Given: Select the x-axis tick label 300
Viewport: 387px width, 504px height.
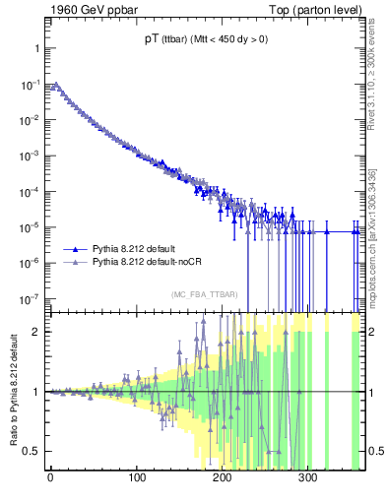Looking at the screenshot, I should pos(307,478).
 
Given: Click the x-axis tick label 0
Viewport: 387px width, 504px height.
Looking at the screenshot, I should pos(50,478).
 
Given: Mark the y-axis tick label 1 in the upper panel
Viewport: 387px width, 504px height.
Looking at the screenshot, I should pos(33,49).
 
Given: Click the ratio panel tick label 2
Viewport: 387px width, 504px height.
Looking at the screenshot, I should pos(33,332).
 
